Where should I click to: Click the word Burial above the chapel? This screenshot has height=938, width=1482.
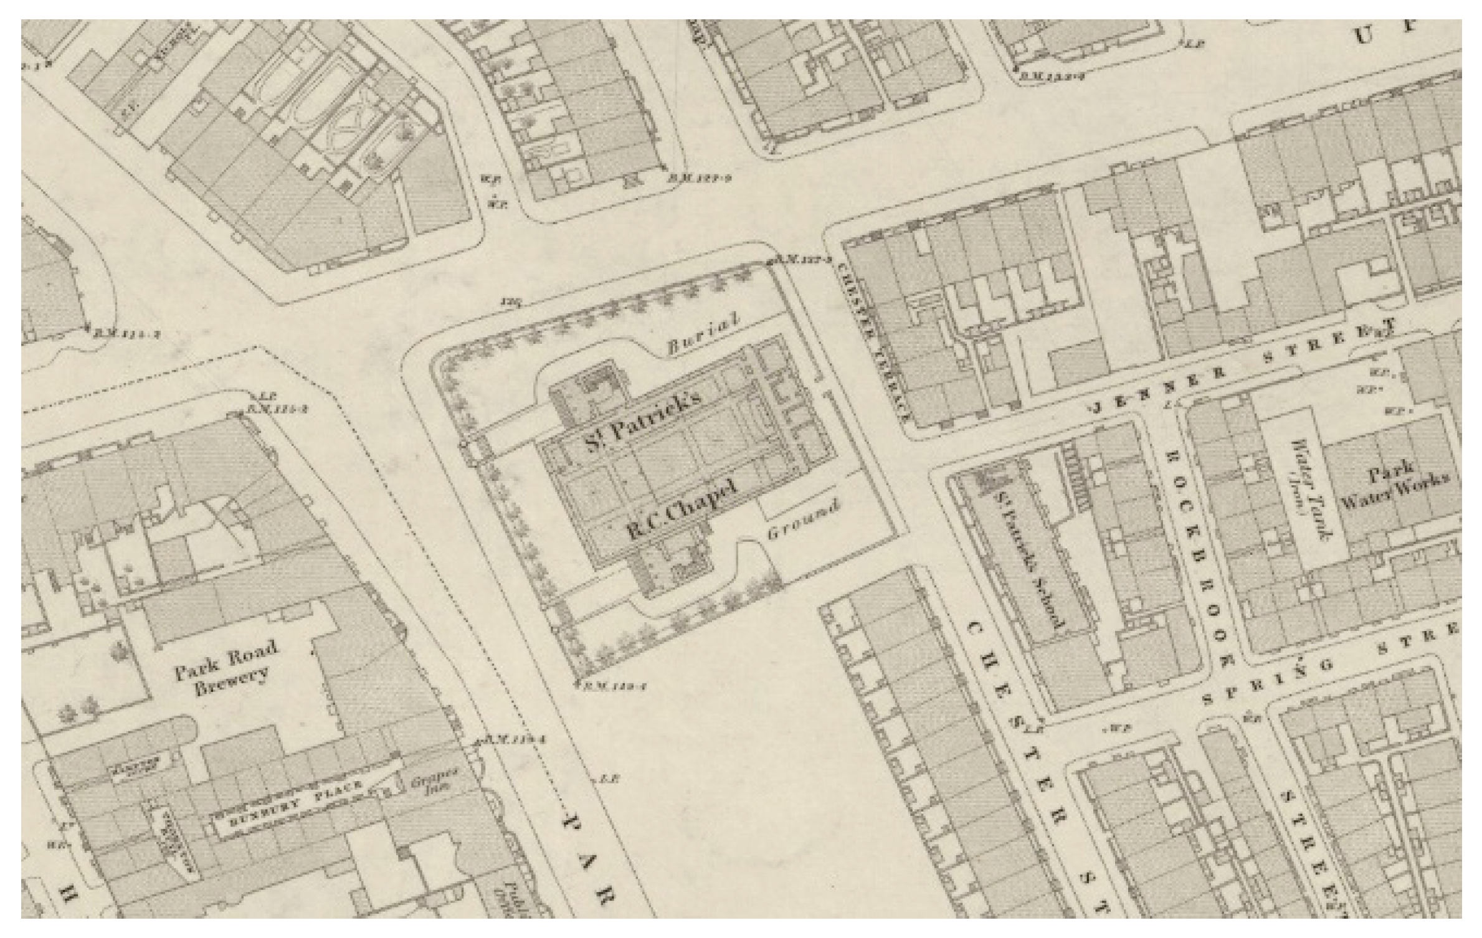click(703, 334)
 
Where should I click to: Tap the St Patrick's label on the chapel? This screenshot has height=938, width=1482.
click(642, 419)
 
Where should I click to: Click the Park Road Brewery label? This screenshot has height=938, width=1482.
click(226, 669)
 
